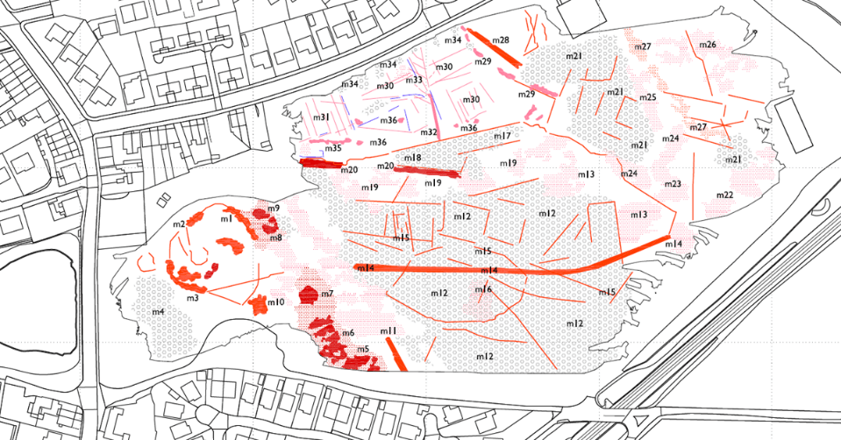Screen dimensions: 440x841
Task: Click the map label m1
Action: tap(225, 218)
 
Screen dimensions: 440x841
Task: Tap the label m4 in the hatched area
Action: tap(158, 312)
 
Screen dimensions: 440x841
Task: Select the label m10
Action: tap(275, 302)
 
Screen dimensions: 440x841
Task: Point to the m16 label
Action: tap(484, 289)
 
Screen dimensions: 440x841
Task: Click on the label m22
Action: tap(724, 195)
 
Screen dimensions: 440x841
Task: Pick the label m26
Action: tap(707, 45)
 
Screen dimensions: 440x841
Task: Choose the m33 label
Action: tap(414, 81)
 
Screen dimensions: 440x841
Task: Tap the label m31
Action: tap(322, 117)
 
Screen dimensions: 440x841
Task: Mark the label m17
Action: tap(502, 137)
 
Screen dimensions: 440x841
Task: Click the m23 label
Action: tap(673, 184)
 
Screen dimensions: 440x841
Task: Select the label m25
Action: tap(647, 97)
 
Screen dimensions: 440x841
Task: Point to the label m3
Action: tap(192, 298)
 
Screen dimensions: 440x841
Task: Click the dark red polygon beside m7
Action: tap(309, 294)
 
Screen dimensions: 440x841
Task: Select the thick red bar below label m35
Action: tap(320, 162)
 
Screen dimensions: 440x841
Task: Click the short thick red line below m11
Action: tap(395, 352)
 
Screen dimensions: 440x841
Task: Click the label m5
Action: tap(362, 349)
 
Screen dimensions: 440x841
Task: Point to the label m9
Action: tap(274, 209)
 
